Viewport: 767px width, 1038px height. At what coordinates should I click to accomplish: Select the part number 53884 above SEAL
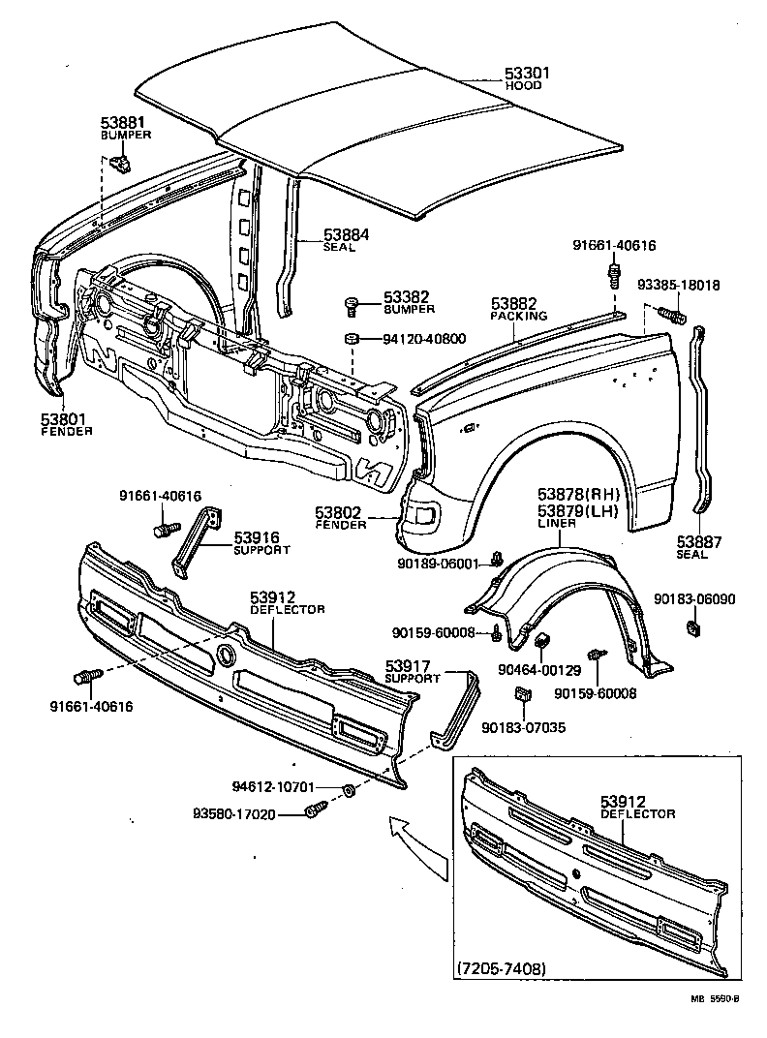pos(346,234)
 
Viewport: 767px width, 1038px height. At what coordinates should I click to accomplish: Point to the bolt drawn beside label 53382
pos(353,305)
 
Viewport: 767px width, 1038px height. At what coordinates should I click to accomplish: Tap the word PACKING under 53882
pos(518,316)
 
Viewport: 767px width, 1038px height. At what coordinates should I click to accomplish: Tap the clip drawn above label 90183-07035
pos(521,694)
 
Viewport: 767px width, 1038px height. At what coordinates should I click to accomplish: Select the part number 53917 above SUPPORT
pos(413,666)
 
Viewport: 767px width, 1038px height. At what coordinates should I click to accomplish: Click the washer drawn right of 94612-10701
pos(350,791)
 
